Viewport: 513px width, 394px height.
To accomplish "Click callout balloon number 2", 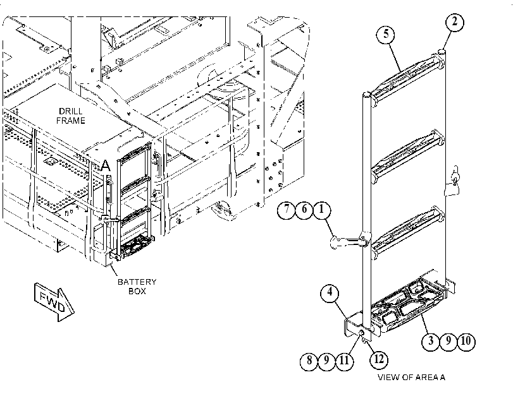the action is [x=455, y=23].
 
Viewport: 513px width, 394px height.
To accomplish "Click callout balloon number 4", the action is [x=330, y=292].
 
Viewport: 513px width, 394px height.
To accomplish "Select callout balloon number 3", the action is [x=431, y=342].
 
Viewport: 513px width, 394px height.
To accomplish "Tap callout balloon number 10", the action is [x=466, y=342].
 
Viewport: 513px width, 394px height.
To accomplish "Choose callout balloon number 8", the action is [x=309, y=361].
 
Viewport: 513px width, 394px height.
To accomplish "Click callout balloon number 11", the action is [x=344, y=361].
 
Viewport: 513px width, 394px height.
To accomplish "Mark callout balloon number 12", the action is [x=378, y=360].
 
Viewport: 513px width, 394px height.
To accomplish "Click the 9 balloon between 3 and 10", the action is [x=448, y=342].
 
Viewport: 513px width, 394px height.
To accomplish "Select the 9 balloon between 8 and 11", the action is [x=326, y=361].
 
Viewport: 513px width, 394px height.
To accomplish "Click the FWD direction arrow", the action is [x=54, y=302].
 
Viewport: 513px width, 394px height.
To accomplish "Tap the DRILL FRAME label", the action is [x=71, y=116].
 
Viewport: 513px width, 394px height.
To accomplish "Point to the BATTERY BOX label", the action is [x=137, y=287].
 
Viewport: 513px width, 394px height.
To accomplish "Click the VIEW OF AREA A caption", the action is [x=412, y=378].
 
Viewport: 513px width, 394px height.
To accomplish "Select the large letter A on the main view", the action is [x=106, y=165].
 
